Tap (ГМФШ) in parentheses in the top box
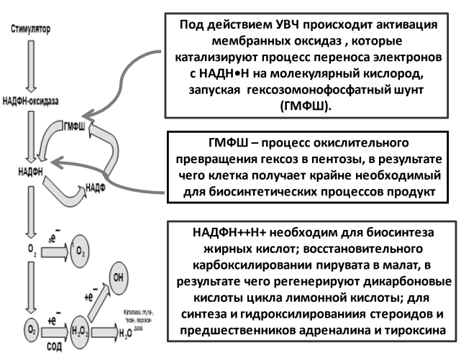307,106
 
